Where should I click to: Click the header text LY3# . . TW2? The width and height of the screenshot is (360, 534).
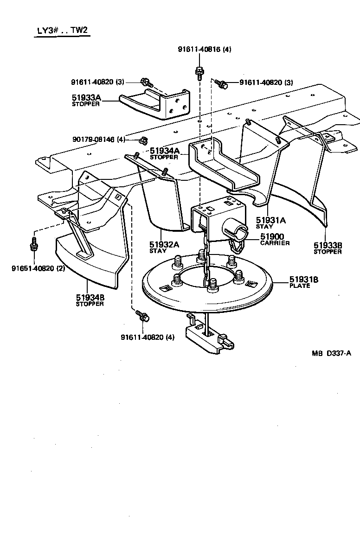point(63,31)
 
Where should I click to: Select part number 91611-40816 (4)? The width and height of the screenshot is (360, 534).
point(205,50)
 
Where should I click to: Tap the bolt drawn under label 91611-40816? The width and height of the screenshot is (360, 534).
point(199,72)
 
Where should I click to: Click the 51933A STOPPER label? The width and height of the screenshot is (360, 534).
point(86,100)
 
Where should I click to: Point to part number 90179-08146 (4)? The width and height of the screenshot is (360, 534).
point(99,139)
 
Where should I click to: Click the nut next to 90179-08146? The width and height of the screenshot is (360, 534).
point(143,139)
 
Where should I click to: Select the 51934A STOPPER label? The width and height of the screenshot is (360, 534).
point(164,153)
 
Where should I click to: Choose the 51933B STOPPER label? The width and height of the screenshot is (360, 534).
point(328,248)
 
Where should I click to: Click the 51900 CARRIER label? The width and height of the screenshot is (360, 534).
point(275,239)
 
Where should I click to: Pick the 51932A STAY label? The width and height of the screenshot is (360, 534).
point(164,247)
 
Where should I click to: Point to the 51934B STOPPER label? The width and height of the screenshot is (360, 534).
point(90,300)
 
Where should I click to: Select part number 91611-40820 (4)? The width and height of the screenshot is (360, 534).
point(148,337)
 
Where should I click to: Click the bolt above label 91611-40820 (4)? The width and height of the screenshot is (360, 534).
point(142,316)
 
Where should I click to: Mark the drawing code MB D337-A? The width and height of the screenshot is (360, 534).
point(331,353)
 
